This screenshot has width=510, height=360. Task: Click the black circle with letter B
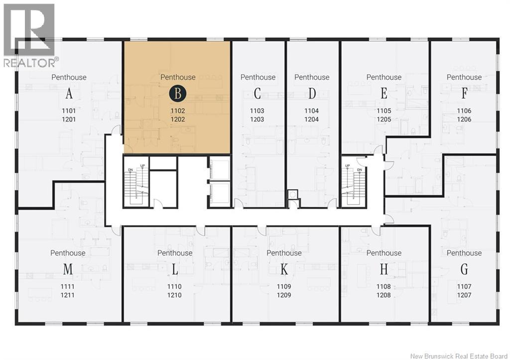pyautogui.click(x=178, y=94)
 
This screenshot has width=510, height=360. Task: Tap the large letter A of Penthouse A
pyautogui.click(x=69, y=94)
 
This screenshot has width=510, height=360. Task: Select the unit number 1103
pyautogui.click(x=257, y=111)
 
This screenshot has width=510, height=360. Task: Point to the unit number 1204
pyautogui.click(x=311, y=120)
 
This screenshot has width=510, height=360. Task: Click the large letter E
pyautogui.click(x=384, y=94)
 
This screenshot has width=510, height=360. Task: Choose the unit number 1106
pyautogui.click(x=464, y=111)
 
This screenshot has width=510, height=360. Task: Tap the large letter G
pyautogui.click(x=464, y=269)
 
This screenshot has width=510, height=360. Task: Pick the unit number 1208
pyautogui.click(x=383, y=295)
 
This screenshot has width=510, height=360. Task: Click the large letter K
pyautogui.click(x=284, y=269)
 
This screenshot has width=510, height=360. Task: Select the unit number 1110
pyautogui.click(x=174, y=287)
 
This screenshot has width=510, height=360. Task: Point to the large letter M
pyautogui.click(x=68, y=269)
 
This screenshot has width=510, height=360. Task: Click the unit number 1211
pyautogui.click(x=67, y=295)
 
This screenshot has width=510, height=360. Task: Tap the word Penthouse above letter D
pyautogui.click(x=312, y=77)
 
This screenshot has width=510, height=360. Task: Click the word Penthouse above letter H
pyautogui.click(x=384, y=253)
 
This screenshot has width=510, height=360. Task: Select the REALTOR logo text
pyautogui.click(x=31, y=62)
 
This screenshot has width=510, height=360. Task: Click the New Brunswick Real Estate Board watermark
pyautogui.click(x=459, y=356)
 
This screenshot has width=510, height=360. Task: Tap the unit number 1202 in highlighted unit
pyautogui.click(x=178, y=120)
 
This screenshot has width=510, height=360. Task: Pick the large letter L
pyautogui.click(x=175, y=269)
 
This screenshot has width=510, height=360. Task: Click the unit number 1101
pyautogui.click(x=69, y=111)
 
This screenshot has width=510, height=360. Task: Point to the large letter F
pyautogui.click(x=464, y=94)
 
